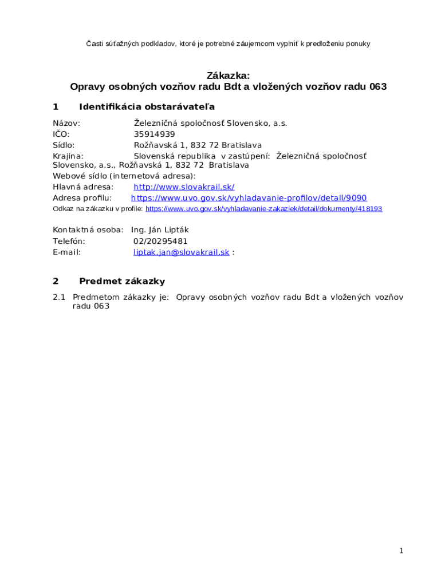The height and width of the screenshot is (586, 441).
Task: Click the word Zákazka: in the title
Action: tap(228, 76)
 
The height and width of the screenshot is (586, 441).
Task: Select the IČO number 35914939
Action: tap(154, 134)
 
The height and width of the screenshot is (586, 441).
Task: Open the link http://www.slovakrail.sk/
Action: tap(184, 187)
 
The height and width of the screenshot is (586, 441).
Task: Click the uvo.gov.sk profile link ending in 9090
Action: tap(249, 198)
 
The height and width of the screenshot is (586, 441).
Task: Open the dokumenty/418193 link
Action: tap(263, 209)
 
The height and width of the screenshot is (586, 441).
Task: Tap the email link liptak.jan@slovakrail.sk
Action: tap(182, 252)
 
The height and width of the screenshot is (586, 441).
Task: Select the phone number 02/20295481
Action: tap(160, 241)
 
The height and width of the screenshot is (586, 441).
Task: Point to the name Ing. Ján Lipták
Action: tap(160, 230)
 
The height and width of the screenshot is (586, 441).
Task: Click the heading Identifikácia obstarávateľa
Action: tap(147, 107)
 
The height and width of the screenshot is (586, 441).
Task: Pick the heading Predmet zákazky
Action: tap(122, 282)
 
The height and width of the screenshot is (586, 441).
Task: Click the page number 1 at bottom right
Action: tap(401, 551)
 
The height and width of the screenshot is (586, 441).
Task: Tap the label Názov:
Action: tap(66, 124)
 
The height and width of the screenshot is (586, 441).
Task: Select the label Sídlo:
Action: tap(64, 145)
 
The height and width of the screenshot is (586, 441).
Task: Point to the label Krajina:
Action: tap(68, 156)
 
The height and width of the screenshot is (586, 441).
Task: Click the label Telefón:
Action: tap(69, 241)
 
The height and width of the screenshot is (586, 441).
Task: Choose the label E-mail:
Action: tap(66, 252)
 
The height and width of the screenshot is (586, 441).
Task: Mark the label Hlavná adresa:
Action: tap(83, 187)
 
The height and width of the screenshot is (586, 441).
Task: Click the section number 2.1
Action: tap(60, 298)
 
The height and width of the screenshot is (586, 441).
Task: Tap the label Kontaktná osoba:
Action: tap(88, 230)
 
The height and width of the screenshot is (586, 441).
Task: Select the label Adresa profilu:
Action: tap(82, 198)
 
